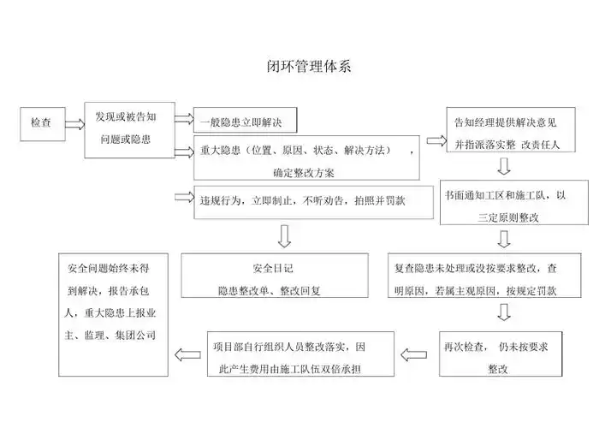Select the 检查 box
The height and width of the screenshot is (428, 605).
click(41, 123)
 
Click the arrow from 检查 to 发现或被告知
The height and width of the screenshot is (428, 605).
click(74, 124)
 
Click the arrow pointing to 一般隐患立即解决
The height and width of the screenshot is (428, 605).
click(183, 121)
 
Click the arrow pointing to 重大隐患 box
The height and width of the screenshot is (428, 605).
click(183, 152)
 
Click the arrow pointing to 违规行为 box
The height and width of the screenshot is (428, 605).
click(183, 198)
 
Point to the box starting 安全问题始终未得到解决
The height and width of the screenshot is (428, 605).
click(111, 313)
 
